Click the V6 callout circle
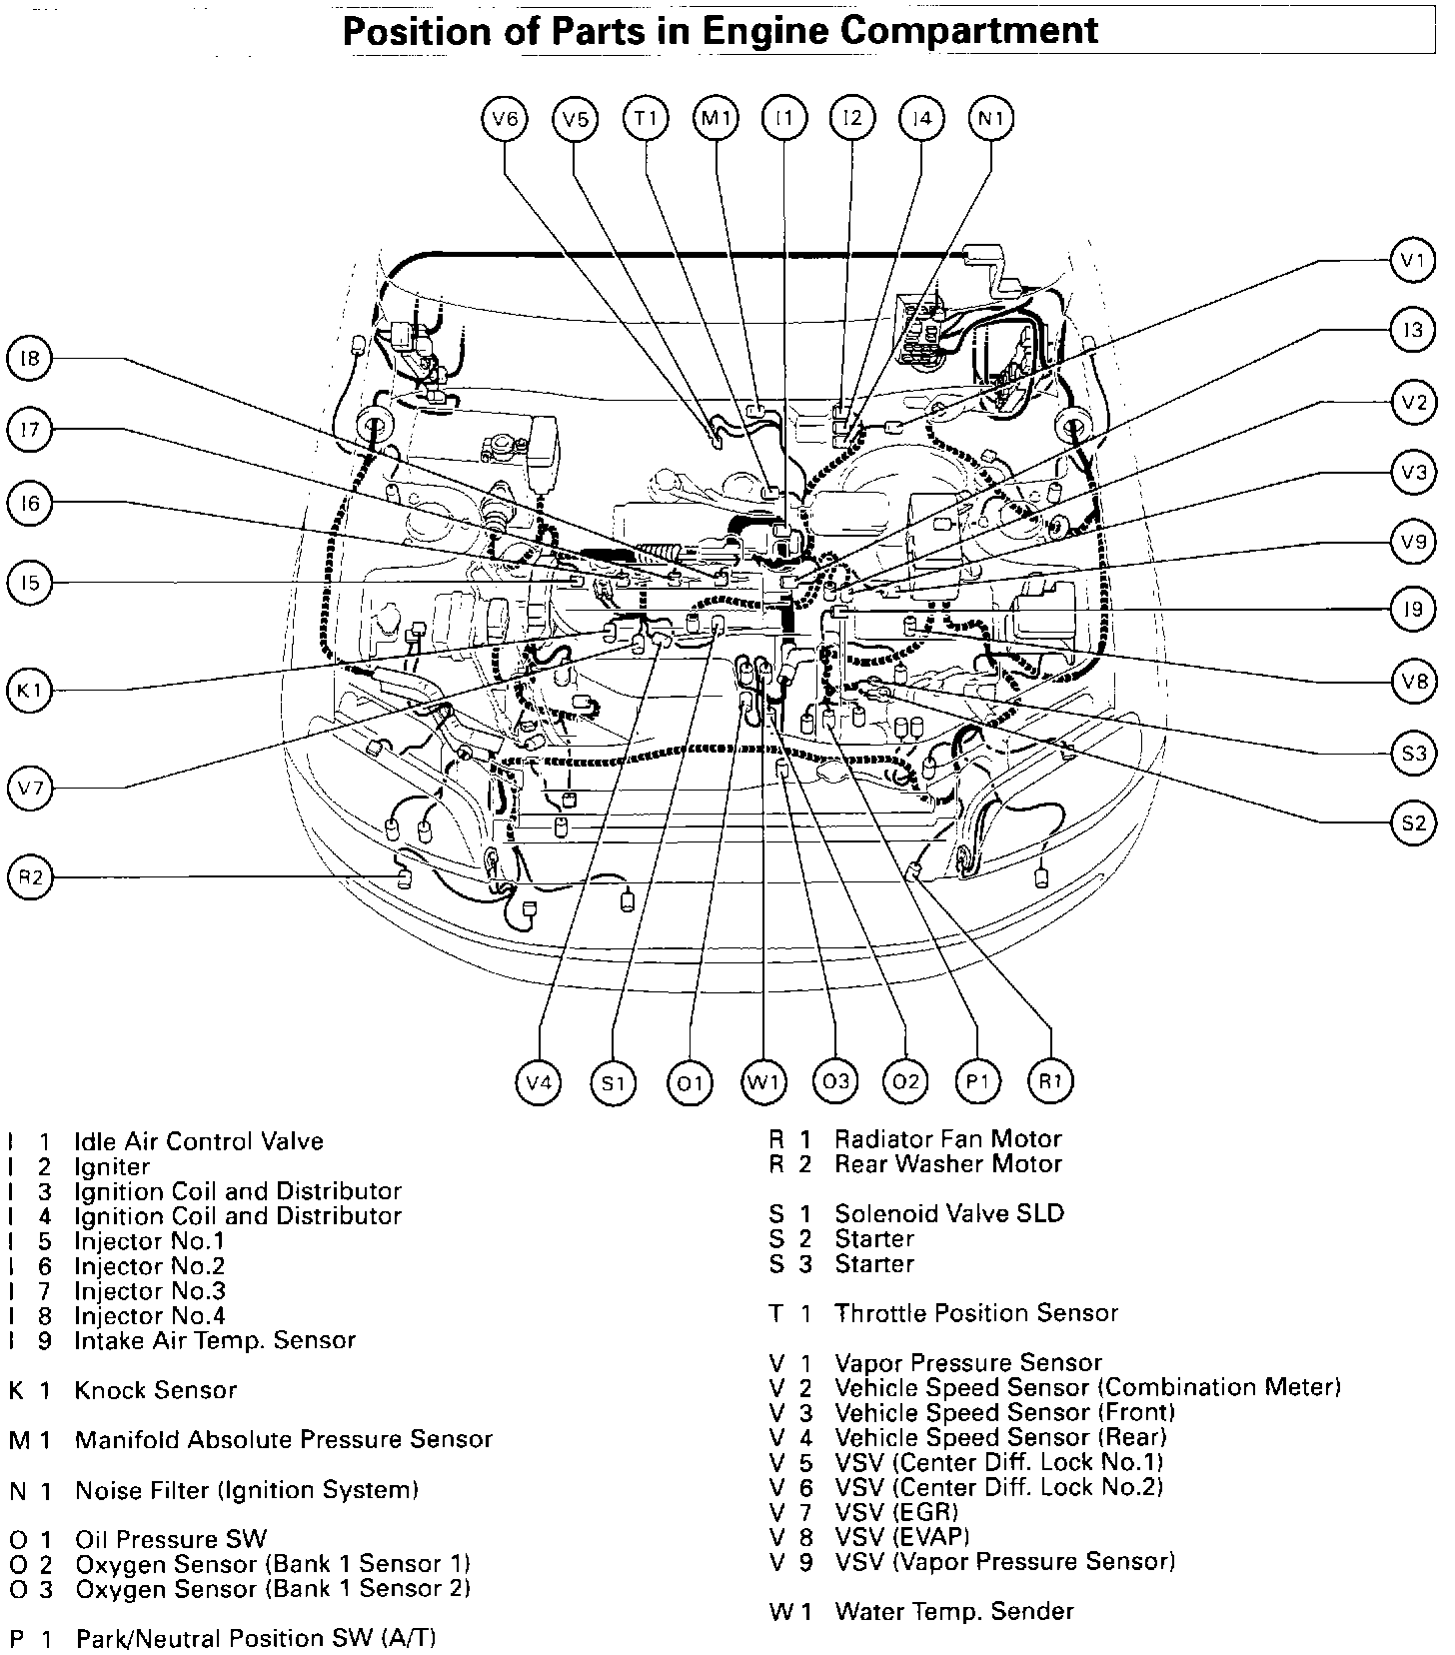[x=505, y=120]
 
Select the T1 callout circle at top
[x=646, y=120]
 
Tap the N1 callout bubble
[x=990, y=120]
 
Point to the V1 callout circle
[x=1412, y=262]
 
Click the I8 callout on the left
[x=30, y=358]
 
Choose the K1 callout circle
[x=30, y=691]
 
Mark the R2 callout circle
[x=30, y=878]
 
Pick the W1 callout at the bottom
[x=762, y=1081]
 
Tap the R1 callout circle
[x=1049, y=1081]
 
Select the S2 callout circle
[x=1412, y=824]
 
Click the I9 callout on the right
[x=1412, y=610]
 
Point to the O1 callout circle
[x=690, y=1081]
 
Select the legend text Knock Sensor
[x=156, y=1390]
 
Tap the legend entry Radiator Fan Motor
[x=947, y=1139]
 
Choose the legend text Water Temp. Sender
[x=953, y=1611]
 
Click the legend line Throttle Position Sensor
[x=975, y=1313]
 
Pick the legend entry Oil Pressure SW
[x=171, y=1539]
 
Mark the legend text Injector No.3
[x=150, y=1291]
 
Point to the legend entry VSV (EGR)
[x=895, y=1512]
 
